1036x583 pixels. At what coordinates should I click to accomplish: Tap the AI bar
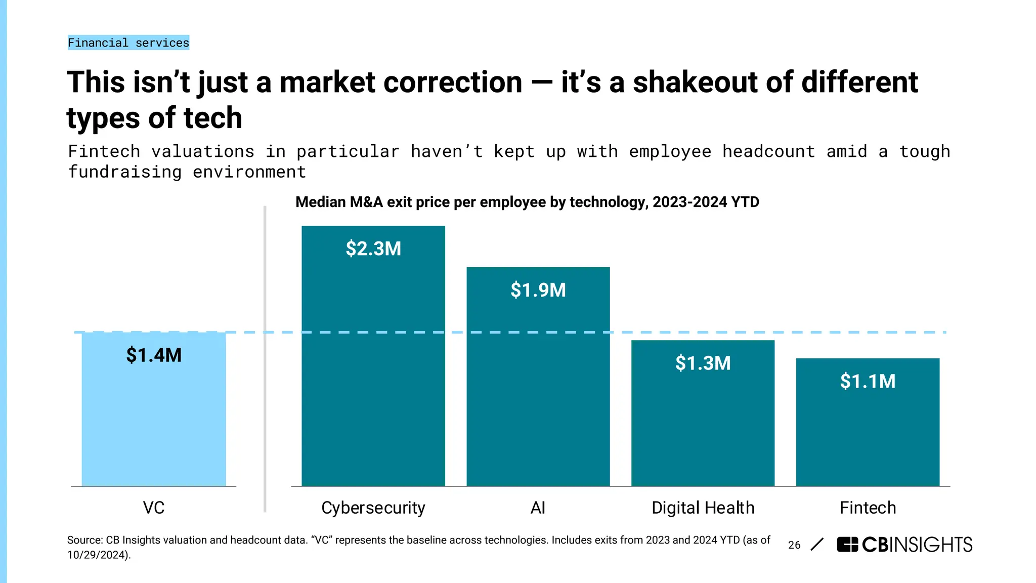pos(538,395)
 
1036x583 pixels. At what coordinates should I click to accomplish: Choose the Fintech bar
pos(868,435)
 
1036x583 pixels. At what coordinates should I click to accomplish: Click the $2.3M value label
pos(373,248)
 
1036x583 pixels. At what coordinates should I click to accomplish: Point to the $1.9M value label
pos(538,290)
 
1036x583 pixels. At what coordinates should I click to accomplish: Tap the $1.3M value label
pos(703,363)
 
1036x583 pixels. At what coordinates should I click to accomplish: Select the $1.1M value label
pos(868,381)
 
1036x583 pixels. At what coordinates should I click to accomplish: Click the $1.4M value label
pos(154,355)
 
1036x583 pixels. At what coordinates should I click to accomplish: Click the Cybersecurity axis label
pos(373,508)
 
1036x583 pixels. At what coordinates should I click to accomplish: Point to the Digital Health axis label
pos(703,508)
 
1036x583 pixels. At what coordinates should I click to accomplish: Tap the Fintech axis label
pos(868,508)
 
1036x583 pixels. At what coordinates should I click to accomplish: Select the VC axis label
pos(154,508)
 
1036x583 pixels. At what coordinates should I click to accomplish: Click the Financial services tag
pos(128,43)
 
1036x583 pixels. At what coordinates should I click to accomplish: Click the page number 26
pos(794,545)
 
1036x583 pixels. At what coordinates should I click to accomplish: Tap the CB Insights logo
pos(904,545)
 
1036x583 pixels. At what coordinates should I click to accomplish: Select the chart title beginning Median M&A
pos(527,202)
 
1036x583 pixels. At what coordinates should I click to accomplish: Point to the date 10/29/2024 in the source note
pos(98,555)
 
